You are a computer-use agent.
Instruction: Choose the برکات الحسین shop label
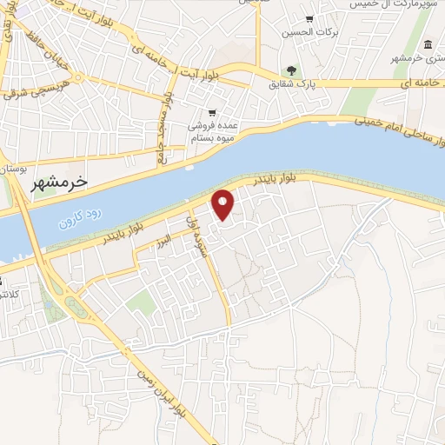tap(309, 34)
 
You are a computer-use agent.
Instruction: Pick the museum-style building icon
tap(428, 44)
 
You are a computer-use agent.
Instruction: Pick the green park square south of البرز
tap(140, 303)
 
